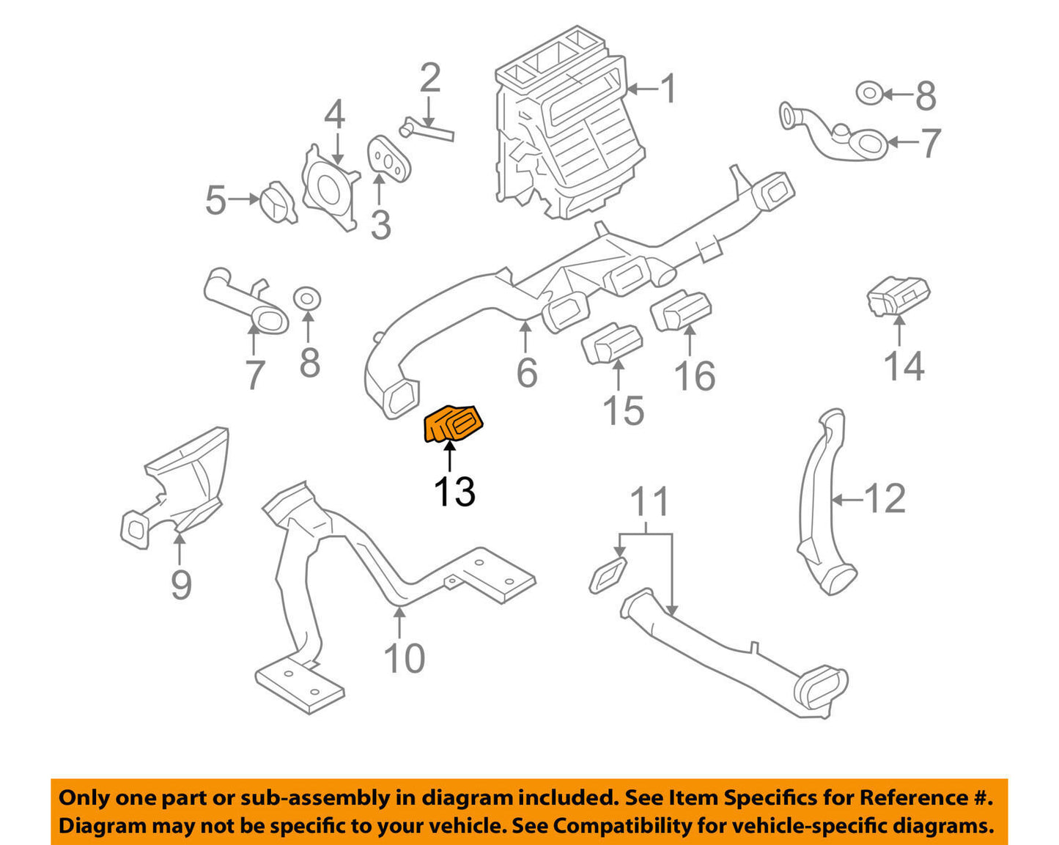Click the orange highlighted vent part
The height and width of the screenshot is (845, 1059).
pos(454,424)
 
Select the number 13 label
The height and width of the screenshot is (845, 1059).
pos(454,492)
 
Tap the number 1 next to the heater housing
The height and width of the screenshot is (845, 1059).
pos(668,89)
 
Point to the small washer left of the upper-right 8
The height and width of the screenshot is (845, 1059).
pos(869,93)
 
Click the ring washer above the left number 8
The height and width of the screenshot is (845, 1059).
pos(308,298)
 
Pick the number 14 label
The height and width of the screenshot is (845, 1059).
pos(903,365)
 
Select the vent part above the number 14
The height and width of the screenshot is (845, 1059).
pos(899,295)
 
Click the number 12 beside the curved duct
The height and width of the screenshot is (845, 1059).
pos(885,499)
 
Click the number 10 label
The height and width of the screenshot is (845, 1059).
pos(404,657)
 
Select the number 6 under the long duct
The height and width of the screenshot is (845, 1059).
pos(527,372)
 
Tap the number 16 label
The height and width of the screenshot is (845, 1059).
pos(694,375)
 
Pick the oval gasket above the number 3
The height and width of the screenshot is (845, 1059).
pos(388,157)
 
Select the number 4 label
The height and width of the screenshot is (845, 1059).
pos(334,115)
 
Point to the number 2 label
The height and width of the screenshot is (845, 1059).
pos(429,78)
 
